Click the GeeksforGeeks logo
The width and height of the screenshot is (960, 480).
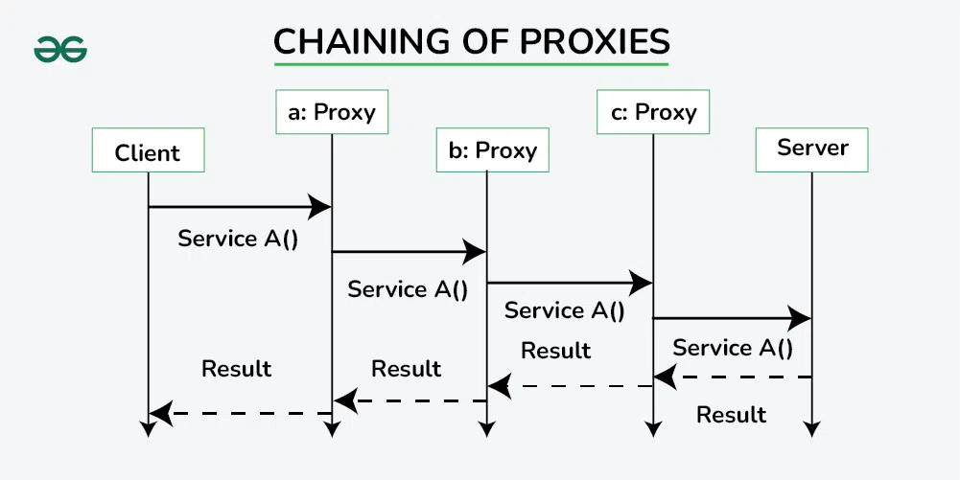[60, 48]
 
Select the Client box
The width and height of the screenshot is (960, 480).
[148, 152]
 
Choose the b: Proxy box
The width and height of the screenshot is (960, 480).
[493, 150]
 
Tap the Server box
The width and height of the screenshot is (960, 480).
[812, 149]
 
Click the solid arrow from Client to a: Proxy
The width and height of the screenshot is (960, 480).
[240, 206]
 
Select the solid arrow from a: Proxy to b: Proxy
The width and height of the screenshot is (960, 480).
[410, 252]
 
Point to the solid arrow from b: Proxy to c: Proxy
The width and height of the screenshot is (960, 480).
[570, 283]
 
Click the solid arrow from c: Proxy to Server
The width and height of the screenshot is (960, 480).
[733, 318]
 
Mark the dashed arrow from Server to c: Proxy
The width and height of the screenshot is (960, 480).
[733, 377]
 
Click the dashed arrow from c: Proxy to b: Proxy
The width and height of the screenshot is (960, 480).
[570, 386]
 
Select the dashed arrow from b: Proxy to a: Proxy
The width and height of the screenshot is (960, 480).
[410, 400]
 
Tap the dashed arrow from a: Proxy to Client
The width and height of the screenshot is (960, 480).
[240, 414]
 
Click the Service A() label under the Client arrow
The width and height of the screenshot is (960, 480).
[238, 239]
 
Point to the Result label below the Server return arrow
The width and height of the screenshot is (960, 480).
[731, 415]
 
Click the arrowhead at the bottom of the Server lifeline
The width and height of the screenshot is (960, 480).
[812, 428]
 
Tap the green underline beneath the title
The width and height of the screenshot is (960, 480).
[471, 65]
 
